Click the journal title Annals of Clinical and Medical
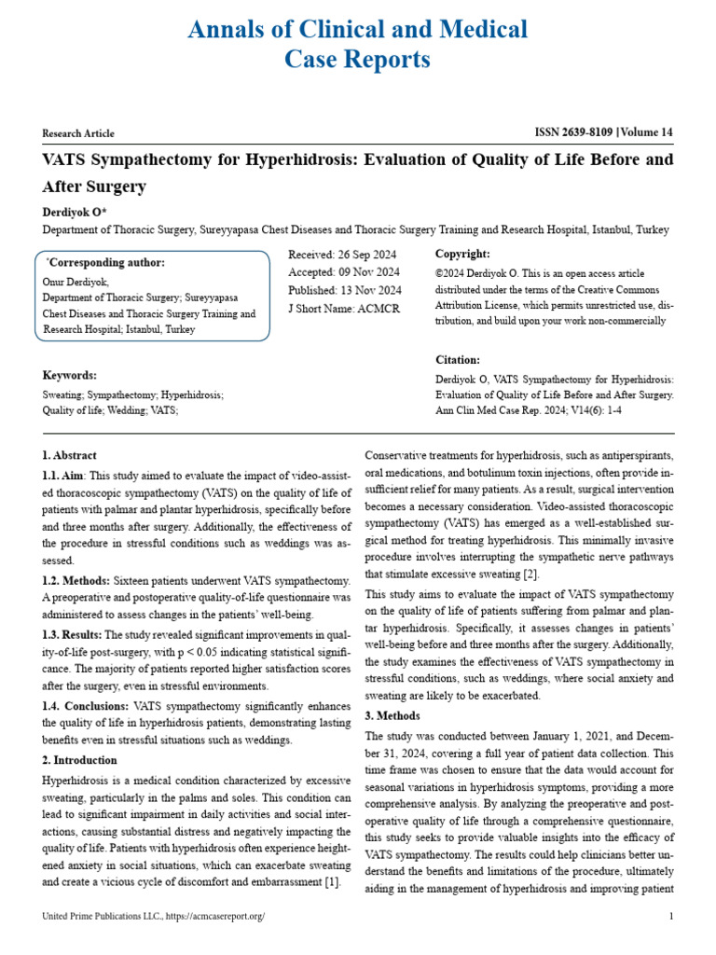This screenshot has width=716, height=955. click(x=358, y=30)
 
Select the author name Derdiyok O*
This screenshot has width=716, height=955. click(x=76, y=213)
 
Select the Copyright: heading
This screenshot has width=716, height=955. click(x=462, y=254)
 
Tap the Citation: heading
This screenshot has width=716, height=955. click(x=458, y=360)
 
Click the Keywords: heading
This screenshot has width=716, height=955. click(x=70, y=375)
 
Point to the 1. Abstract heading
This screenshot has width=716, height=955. click(x=70, y=455)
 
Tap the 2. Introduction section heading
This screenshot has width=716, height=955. click(x=80, y=760)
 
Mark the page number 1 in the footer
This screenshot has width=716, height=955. click(x=671, y=917)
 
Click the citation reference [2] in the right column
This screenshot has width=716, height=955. click(x=530, y=574)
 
